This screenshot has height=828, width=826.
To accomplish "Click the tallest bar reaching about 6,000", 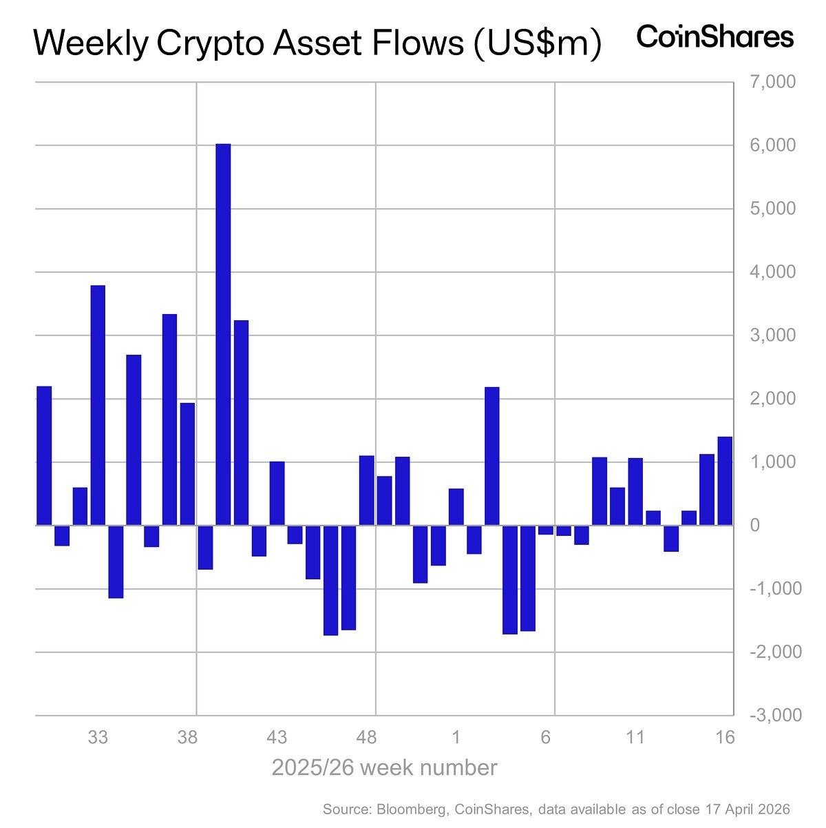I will click(223, 334).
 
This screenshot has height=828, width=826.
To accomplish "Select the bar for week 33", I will click(98, 405).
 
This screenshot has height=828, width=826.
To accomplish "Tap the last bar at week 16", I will click(725, 481).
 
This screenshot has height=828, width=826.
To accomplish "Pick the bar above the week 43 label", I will click(277, 493).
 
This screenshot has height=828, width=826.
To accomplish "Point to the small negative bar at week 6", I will click(545, 530).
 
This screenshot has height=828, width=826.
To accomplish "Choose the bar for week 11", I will click(635, 491).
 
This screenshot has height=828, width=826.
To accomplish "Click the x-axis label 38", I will click(187, 738).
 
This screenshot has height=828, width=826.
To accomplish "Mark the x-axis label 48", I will click(366, 738).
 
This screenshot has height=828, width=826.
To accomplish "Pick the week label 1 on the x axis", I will click(456, 738).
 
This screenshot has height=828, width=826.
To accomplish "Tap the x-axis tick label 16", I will click(725, 738).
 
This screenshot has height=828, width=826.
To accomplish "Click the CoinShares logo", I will click(715, 37).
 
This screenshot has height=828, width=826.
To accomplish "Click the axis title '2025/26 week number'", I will click(384, 767).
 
